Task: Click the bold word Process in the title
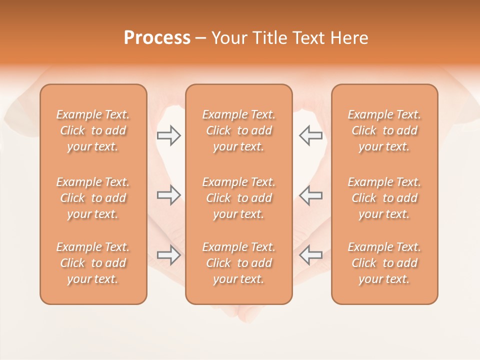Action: tap(157, 38)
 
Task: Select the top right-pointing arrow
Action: tap(168, 135)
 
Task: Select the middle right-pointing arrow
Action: tap(168, 195)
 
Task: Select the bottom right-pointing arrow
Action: tap(168, 255)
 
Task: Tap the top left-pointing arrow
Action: tap(310, 135)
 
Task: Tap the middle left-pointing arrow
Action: tap(310, 195)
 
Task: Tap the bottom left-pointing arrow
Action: tap(310, 255)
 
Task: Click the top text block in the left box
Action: tap(93, 130)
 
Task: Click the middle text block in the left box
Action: tap(93, 198)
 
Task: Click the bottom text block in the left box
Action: tap(93, 263)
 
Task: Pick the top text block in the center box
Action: tap(239, 130)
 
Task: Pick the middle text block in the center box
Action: tap(239, 198)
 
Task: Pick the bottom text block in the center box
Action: tap(239, 263)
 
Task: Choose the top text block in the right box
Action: tap(384, 130)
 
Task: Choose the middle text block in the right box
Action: tap(384, 198)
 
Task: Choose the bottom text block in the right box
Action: tap(384, 263)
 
